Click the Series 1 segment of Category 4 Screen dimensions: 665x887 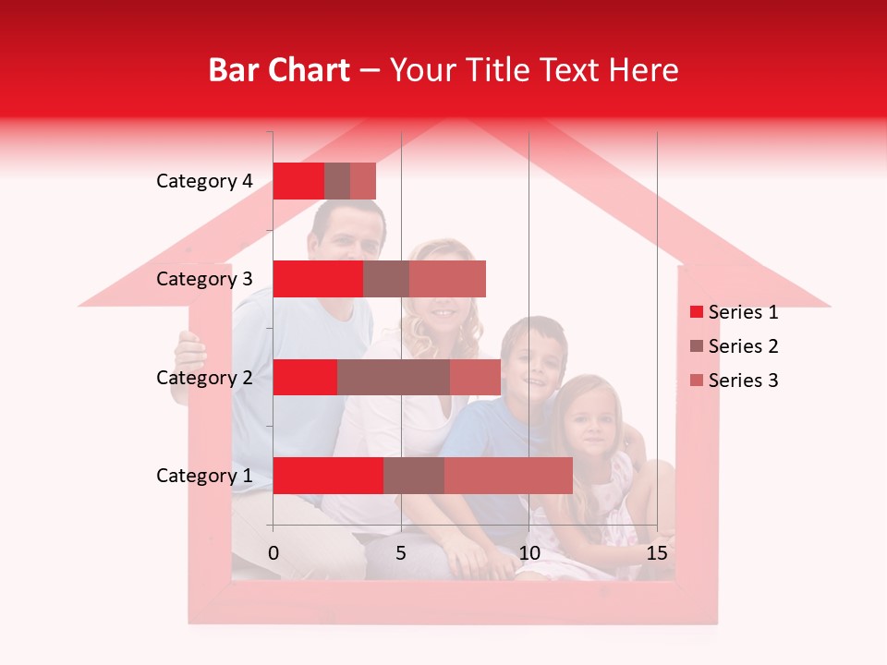point(298,181)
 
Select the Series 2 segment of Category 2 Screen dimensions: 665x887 point(394,377)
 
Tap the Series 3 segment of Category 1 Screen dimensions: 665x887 point(508,476)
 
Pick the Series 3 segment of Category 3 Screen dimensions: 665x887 point(447,279)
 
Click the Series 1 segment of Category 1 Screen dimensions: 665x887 point(328,476)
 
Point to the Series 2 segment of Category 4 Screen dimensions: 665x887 point(337,181)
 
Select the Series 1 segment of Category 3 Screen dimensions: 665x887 point(318,279)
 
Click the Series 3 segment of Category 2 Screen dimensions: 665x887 point(475,377)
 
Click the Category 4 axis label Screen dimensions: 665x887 point(204,181)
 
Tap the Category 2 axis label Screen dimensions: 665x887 point(204,378)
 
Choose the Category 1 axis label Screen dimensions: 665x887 point(204,476)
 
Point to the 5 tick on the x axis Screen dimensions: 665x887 point(401,553)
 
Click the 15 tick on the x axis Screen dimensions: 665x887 point(657,553)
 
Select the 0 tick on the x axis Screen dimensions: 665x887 point(273,553)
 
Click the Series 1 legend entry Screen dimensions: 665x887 point(743,312)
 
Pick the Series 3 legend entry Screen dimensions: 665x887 point(743,381)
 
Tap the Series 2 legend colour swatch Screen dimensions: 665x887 point(696,346)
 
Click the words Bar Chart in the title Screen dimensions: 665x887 point(279,69)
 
